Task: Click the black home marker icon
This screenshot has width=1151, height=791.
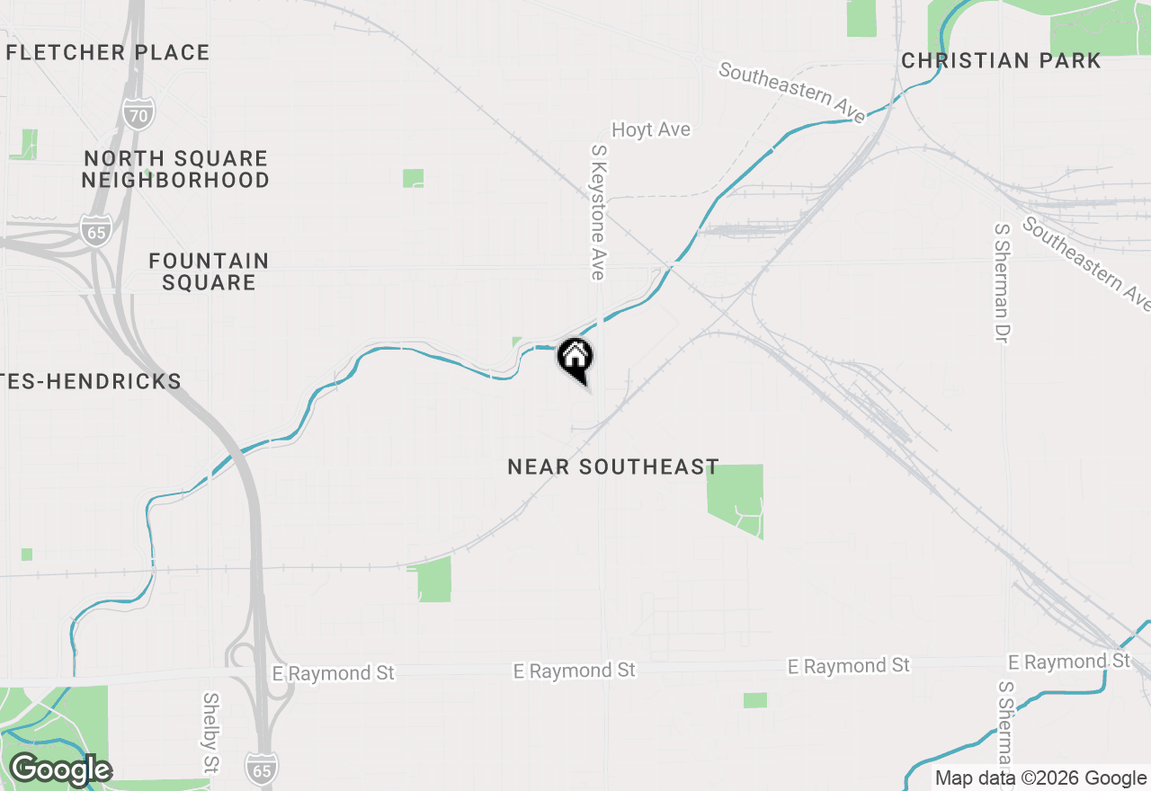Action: pyautogui.click(x=575, y=358)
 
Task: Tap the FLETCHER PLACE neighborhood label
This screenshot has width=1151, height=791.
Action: pyautogui.click(x=108, y=52)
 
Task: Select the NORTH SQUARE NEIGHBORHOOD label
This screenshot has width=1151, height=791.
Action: pyautogui.click(x=175, y=169)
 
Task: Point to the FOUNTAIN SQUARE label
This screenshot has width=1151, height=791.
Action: pyautogui.click(x=209, y=271)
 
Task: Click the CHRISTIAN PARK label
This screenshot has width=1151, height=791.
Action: pyautogui.click(x=1001, y=60)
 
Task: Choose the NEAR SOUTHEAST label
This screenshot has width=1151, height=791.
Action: pyautogui.click(x=613, y=467)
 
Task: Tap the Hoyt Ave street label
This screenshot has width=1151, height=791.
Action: pyautogui.click(x=651, y=129)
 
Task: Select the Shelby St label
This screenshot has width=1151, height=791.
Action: pyautogui.click(x=211, y=733)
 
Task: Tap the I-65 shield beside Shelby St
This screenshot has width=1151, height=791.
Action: pyautogui.click(x=262, y=767)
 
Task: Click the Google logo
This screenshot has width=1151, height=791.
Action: pyautogui.click(x=60, y=769)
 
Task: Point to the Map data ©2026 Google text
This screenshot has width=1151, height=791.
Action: pyautogui.click(x=1040, y=778)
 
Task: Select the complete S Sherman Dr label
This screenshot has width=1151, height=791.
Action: pyautogui.click(x=1001, y=282)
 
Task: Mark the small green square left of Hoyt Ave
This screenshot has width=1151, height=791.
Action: pyautogui.click(x=413, y=178)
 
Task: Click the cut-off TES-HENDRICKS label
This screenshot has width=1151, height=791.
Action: pyautogui.click(x=91, y=381)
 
